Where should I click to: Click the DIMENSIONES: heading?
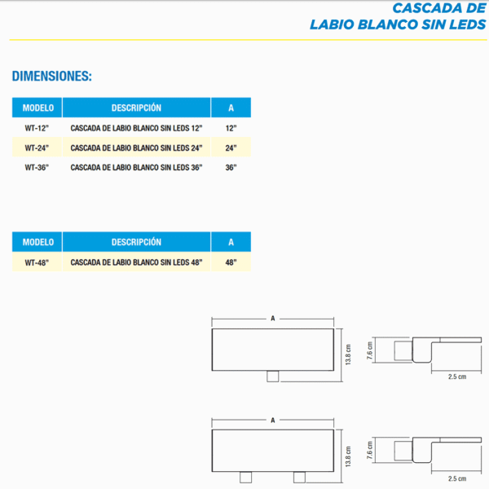(51, 77)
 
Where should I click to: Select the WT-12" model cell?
(37, 128)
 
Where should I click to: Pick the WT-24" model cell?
(37, 148)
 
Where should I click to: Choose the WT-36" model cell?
(37, 167)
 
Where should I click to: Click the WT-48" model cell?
(37, 262)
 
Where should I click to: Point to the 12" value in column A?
(231, 128)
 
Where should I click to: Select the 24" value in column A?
(231, 148)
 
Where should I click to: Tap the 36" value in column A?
(231, 167)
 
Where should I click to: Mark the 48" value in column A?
(231, 262)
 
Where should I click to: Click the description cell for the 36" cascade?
(136, 167)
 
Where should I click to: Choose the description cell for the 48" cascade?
(136, 262)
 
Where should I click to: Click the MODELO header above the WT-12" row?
(37, 108)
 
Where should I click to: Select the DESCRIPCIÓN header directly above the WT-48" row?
(136, 242)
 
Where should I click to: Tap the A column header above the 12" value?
(231, 108)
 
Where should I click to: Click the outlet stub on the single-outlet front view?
(273, 375)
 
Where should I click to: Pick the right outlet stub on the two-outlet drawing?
(298, 475)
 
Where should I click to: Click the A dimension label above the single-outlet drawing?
(272, 319)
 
